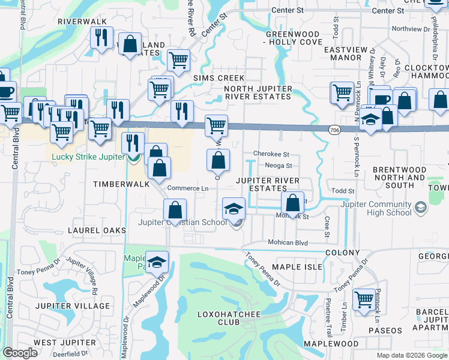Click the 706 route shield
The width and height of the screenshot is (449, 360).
click(x=334, y=129)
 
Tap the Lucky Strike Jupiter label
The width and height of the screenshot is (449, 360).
click(x=87, y=157)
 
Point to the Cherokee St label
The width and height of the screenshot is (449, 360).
click(x=271, y=154)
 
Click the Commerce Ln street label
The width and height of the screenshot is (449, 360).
click(x=188, y=188)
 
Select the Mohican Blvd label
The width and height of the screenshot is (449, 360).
click(x=288, y=243)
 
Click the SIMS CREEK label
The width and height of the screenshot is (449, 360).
click(x=218, y=78)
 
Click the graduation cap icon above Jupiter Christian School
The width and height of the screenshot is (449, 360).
click(x=234, y=209)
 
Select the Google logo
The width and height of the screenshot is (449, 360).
click(x=20, y=353)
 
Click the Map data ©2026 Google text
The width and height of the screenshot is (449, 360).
click(x=411, y=355)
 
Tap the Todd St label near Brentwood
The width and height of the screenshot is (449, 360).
click(x=343, y=191)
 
